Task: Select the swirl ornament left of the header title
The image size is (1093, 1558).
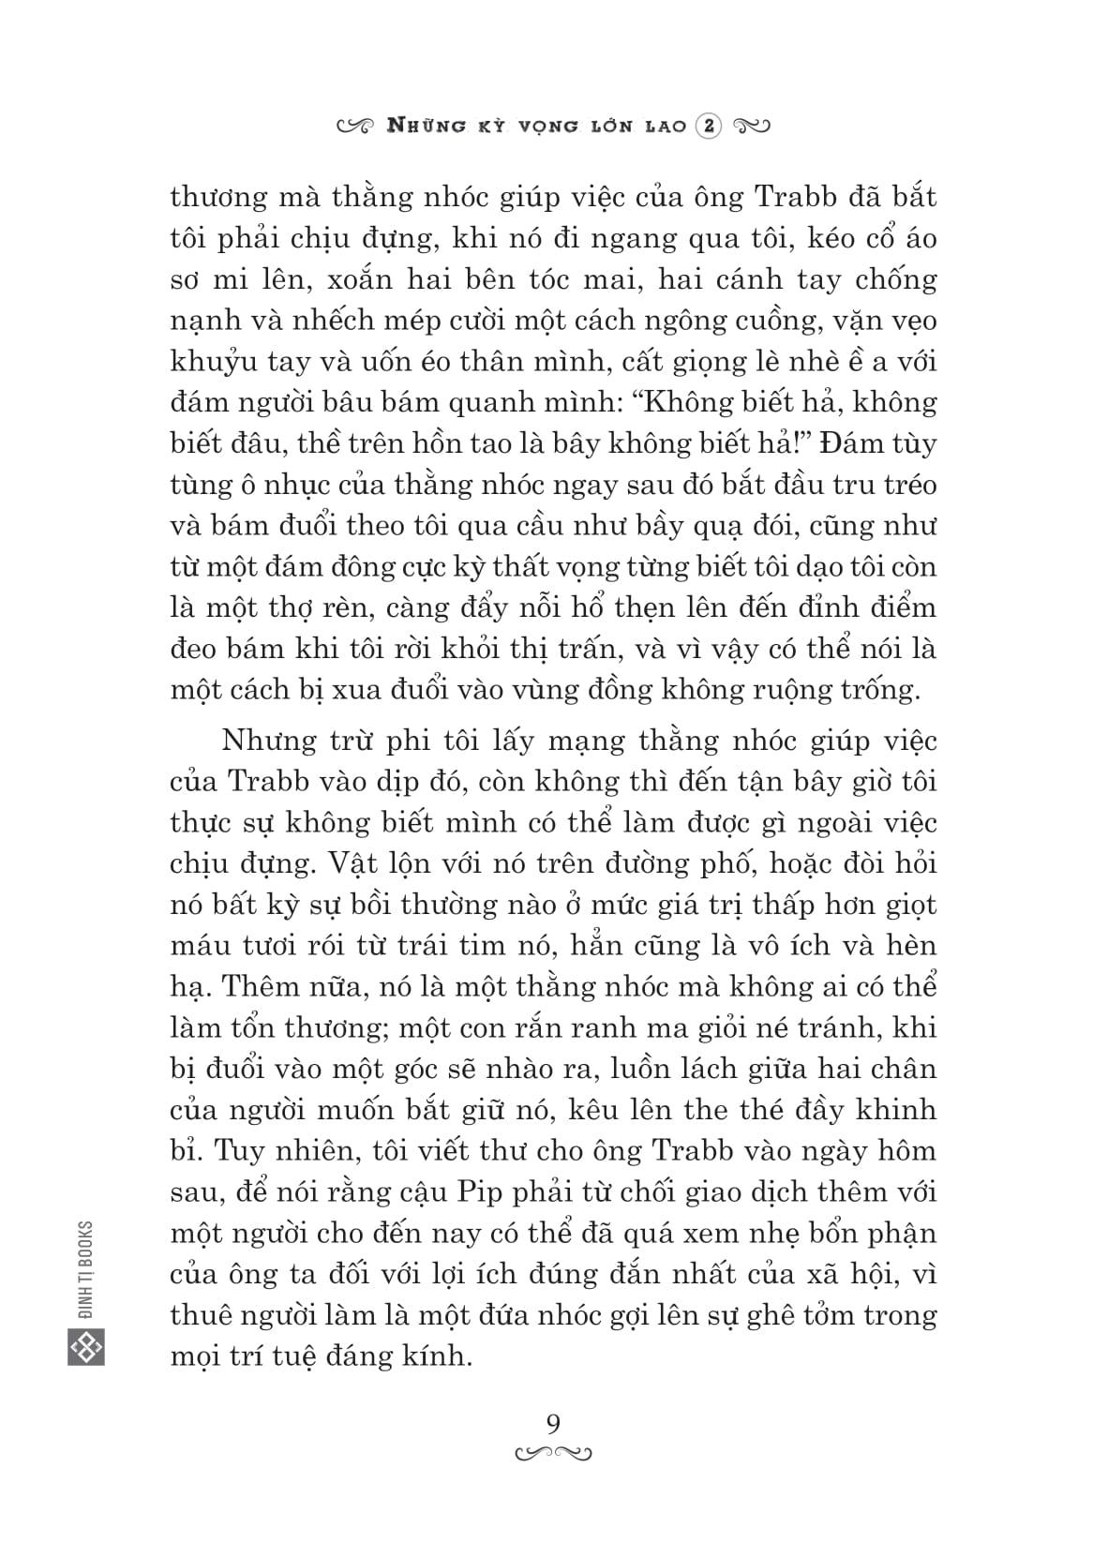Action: click(x=357, y=127)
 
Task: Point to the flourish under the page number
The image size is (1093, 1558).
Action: click(x=553, y=1454)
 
